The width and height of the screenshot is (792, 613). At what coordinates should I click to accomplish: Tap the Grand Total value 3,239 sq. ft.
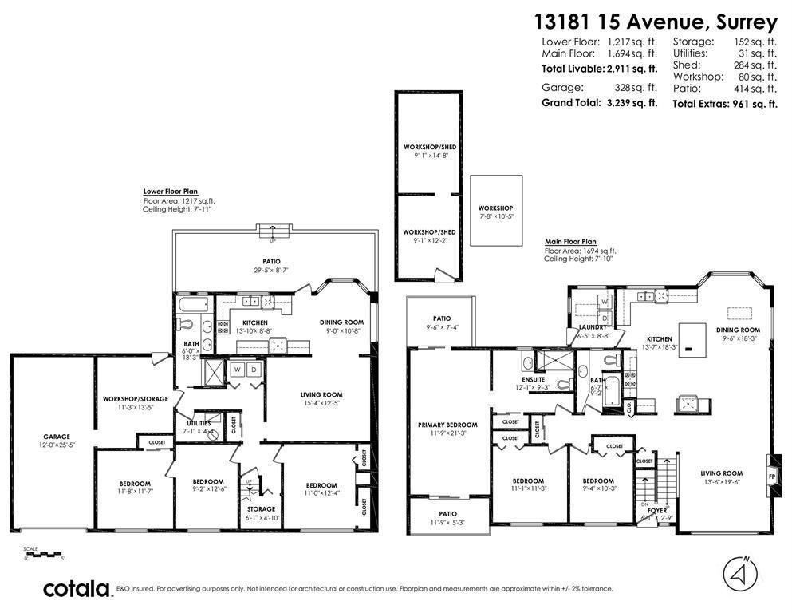point(631,102)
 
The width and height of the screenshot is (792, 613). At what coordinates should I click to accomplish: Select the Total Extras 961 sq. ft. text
point(724,104)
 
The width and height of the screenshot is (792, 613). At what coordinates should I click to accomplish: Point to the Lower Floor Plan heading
point(171,192)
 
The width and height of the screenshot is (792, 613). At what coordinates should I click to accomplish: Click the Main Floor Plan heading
point(570,241)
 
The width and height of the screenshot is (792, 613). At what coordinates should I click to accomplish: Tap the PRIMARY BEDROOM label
point(447,425)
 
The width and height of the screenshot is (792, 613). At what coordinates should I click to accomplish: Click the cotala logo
point(77,589)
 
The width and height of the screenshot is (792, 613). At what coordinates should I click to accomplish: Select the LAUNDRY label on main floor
point(593,327)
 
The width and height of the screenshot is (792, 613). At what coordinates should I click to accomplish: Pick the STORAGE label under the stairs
point(261,508)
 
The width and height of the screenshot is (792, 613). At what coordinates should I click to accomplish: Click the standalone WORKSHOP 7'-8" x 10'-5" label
point(496,208)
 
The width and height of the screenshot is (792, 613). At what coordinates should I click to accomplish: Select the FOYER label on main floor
point(657,509)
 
